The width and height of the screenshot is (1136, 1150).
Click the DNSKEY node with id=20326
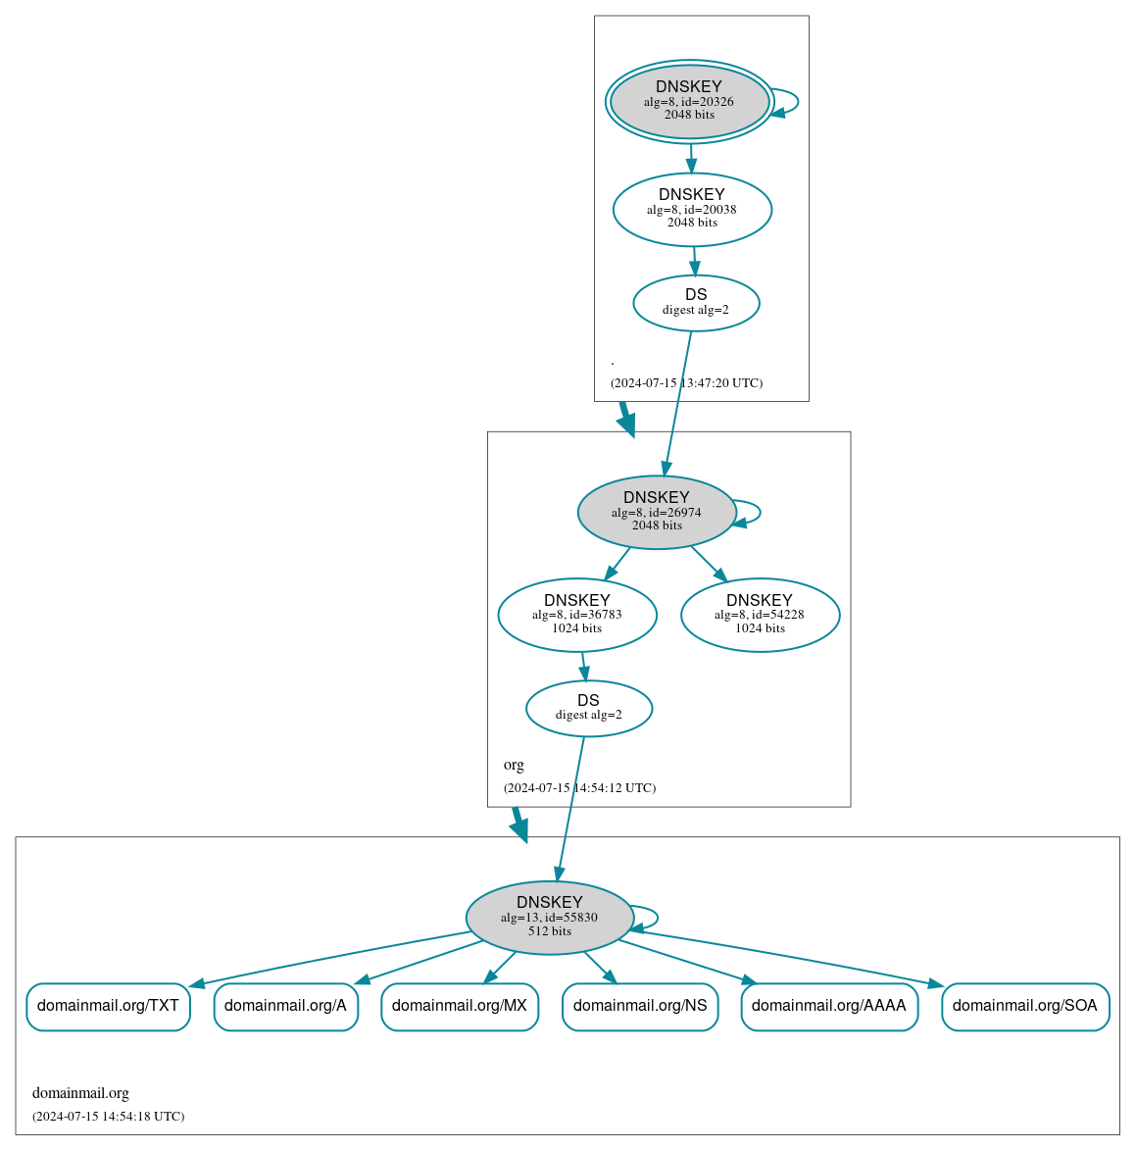click(x=689, y=101)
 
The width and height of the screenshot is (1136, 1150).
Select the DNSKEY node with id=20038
click(x=692, y=209)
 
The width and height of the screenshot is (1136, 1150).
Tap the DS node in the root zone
click(x=696, y=302)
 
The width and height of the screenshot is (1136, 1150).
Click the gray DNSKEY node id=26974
click(x=656, y=512)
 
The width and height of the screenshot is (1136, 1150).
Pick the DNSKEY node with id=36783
click(x=576, y=615)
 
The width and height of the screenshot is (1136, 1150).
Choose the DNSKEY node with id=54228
click(x=760, y=615)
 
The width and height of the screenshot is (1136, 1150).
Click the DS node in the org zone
click(x=588, y=708)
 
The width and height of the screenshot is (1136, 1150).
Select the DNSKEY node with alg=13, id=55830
click(x=549, y=917)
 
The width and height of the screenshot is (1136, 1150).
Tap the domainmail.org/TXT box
click(x=108, y=1006)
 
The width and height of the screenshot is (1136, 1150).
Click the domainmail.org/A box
click(x=285, y=1006)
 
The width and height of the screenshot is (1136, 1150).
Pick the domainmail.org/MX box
click(x=459, y=1006)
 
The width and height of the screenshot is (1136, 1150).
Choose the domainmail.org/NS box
click(x=639, y=1006)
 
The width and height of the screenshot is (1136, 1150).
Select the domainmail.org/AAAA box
click(x=828, y=1006)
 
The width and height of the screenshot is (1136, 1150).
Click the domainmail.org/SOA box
click(x=1024, y=1006)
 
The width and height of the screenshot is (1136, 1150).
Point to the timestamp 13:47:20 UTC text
click(x=686, y=383)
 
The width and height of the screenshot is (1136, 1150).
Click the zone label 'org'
click(x=514, y=765)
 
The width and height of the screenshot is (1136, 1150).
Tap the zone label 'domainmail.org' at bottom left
click(x=80, y=1093)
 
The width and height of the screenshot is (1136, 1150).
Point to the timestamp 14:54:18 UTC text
click(x=108, y=1117)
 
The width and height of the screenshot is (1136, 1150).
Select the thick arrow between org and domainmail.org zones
click(x=519, y=825)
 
